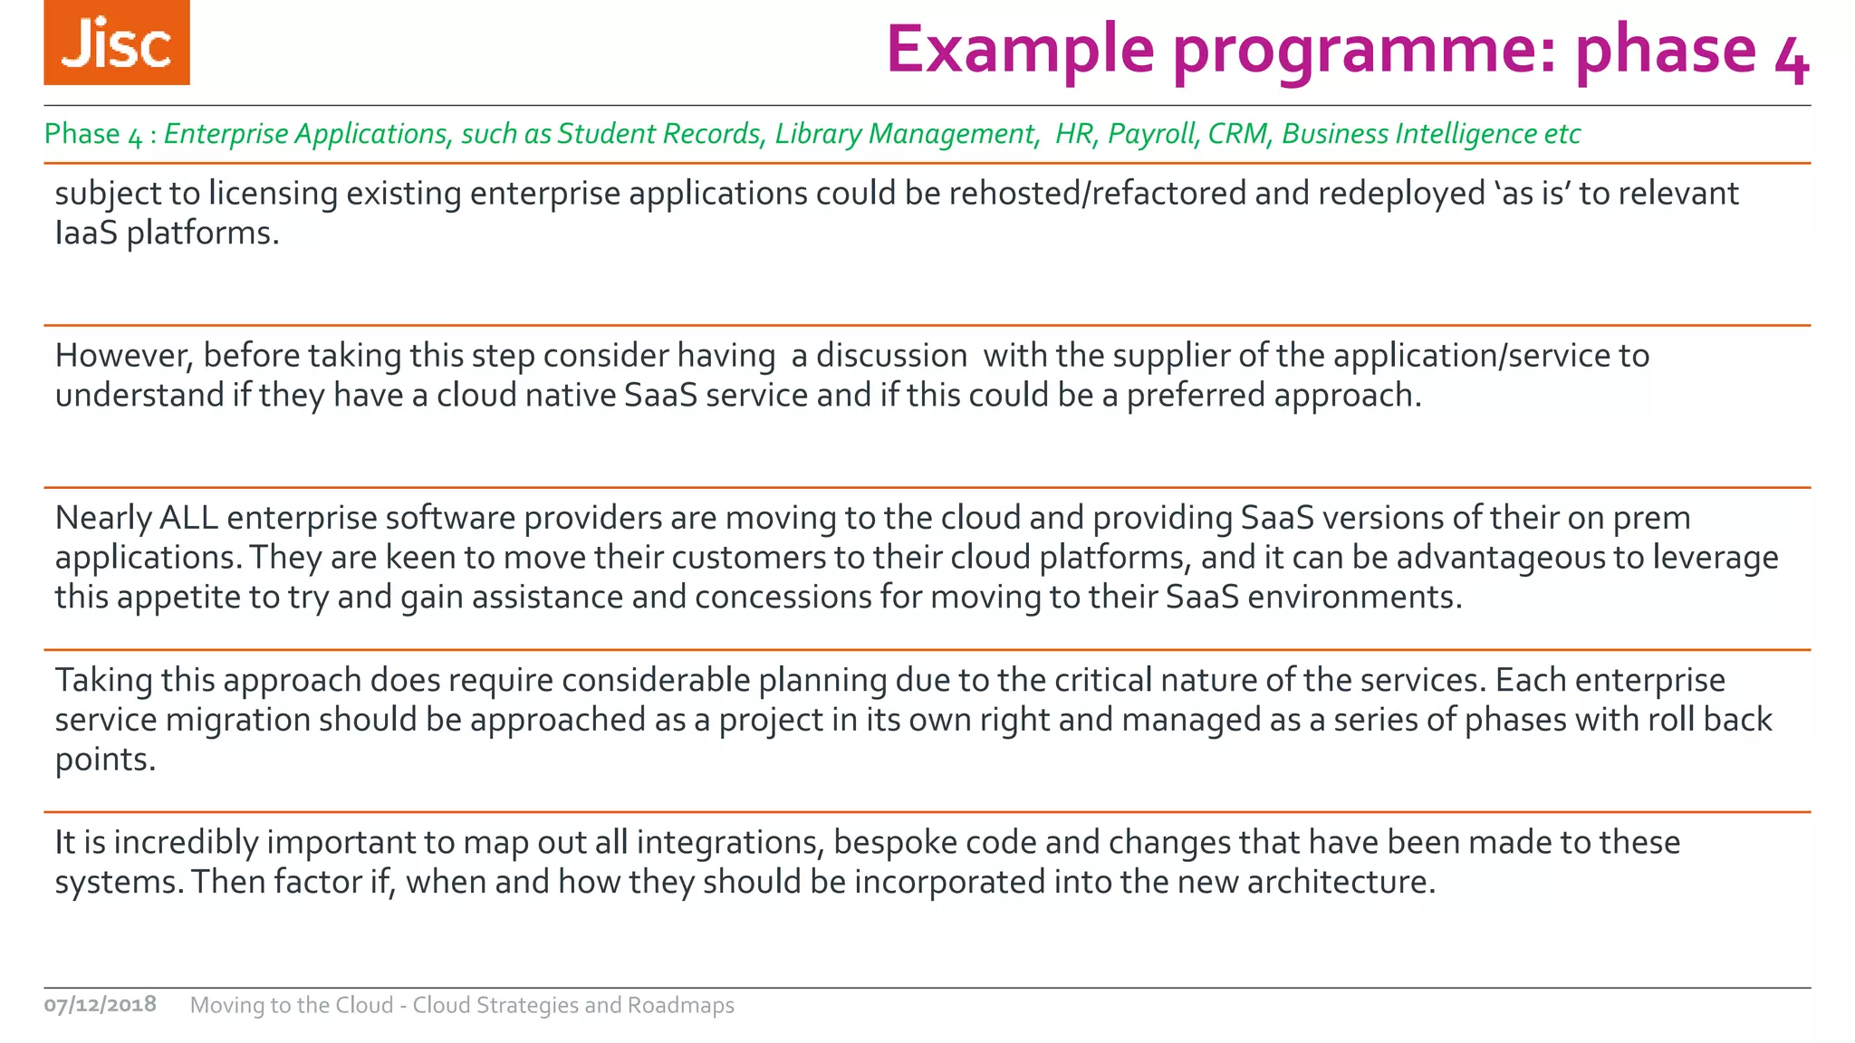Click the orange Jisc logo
coord(117,43)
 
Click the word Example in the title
coord(1020,50)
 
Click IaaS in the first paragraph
coord(86,234)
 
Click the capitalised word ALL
coord(188,518)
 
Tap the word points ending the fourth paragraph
coord(105,760)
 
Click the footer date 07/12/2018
coord(101,1004)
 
